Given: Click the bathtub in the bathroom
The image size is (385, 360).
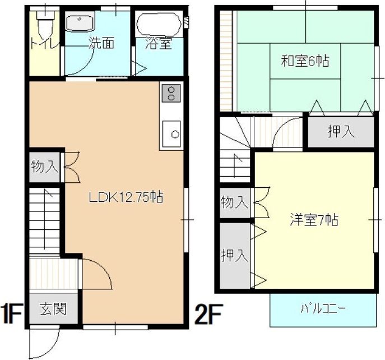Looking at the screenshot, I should (x=159, y=24).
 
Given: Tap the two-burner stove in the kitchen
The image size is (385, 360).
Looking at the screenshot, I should (x=171, y=93).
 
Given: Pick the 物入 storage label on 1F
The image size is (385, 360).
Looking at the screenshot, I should (x=44, y=167).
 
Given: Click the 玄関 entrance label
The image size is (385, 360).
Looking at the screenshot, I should (x=53, y=309).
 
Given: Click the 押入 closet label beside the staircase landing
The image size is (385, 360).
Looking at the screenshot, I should (x=341, y=132).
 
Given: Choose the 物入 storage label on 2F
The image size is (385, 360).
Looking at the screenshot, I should (x=234, y=202).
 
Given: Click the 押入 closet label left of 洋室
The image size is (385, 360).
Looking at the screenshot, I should (x=234, y=256).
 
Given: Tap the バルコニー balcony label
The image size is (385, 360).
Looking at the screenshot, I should (x=323, y=309).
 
